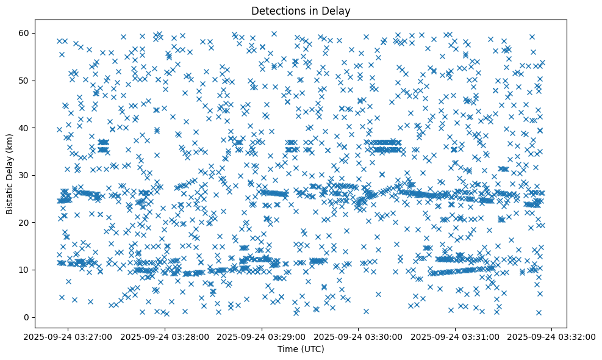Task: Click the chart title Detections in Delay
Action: click(x=301, y=10)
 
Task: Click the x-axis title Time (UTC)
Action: click(x=301, y=350)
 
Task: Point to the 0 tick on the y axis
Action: click(x=27, y=317)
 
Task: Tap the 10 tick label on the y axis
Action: click(x=25, y=270)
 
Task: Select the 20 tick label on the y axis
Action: click(x=25, y=223)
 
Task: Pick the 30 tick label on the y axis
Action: click(x=25, y=175)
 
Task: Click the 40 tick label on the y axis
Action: click(x=25, y=128)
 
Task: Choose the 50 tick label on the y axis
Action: click(x=25, y=81)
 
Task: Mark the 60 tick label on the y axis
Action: click(x=25, y=33)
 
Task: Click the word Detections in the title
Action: click(x=277, y=10)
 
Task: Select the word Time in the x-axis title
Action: click(x=288, y=350)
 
